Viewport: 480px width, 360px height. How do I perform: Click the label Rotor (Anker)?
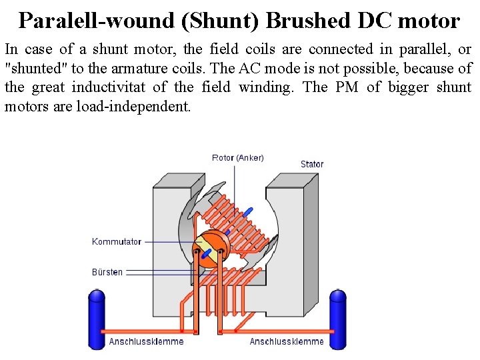pyautogui.click(x=237, y=158)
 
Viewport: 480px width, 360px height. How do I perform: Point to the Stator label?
pyautogui.click(x=312, y=164)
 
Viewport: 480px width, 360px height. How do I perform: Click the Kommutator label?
pyautogui.click(x=117, y=241)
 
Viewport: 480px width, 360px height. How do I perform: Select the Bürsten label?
pyautogui.click(x=107, y=272)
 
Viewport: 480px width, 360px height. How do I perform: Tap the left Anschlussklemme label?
pyautogui.click(x=146, y=342)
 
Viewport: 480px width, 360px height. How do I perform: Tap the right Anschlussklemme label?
pyautogui.click(x=287, y=342)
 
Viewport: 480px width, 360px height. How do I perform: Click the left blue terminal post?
pyautogui.click(x=97, y=318)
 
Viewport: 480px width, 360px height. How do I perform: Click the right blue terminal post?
pyautogui.click(x=338, y=318)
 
